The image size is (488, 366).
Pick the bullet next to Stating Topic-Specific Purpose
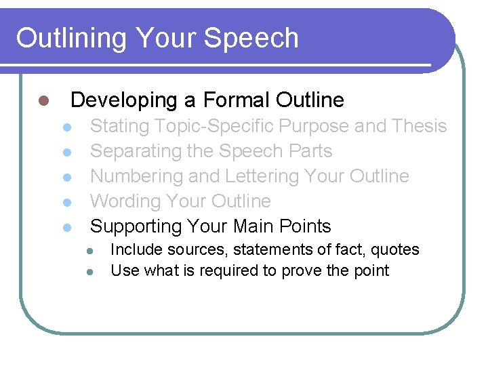click(66, 128)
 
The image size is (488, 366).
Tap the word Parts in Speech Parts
click(308, 151)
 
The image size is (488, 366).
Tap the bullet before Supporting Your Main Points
click(66, 228)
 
